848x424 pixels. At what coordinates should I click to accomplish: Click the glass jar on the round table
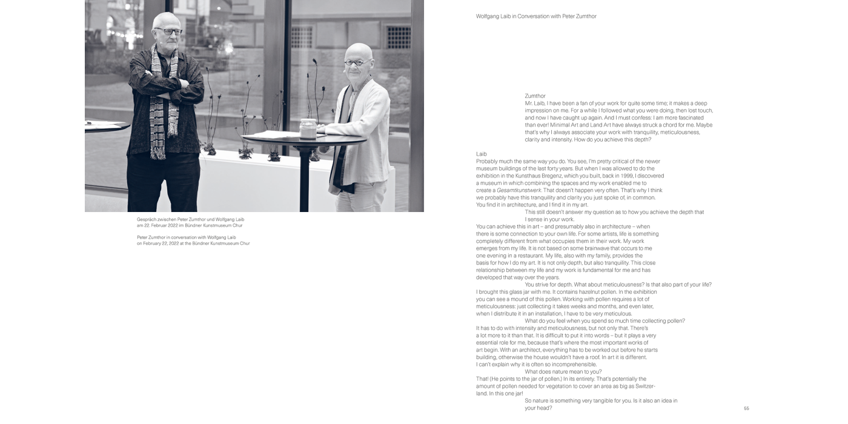point(308,128)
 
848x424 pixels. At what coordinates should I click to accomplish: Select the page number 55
point(746,408)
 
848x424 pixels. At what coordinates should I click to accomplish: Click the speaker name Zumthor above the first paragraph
point(535,96)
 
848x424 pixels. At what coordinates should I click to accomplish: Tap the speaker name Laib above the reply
point(482,154)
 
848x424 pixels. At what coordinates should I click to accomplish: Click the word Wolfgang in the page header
point(488,16)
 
